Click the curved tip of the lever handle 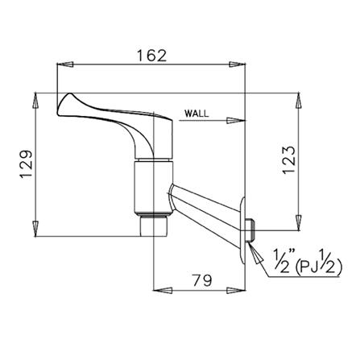coord(64,101)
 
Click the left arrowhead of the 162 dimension coord(62,65)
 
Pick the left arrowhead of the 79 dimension coord(159,291)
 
